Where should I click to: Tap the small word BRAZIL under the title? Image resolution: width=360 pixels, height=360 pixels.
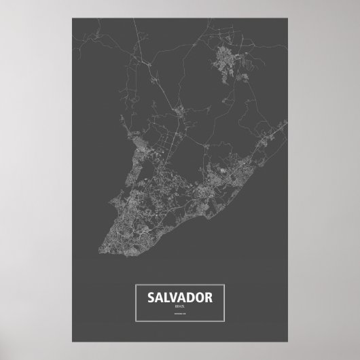(x=179, y=307)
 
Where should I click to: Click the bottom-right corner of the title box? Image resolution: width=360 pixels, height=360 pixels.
(x=226, y=322)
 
